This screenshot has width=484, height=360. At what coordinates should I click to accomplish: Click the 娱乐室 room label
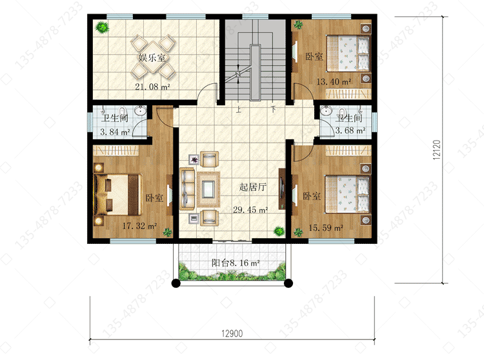(152, 57)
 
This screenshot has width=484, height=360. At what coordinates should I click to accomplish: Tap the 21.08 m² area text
(152, 86)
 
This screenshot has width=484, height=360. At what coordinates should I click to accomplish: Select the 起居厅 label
(253, 187)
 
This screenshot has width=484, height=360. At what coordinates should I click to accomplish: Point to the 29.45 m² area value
(250, 210)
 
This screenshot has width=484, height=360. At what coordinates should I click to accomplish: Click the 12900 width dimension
(232, 334)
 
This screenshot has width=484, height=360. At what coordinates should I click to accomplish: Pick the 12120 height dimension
(436, 150)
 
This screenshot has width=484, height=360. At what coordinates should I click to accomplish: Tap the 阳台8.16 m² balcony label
(236, 263)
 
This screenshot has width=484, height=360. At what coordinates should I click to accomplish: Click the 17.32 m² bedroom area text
(139, 226)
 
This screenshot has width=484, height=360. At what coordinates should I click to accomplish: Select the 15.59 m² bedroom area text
(326, 228)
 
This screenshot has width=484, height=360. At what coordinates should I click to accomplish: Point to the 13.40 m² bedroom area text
(334, 82)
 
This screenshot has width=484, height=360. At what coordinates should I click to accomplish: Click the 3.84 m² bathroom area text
(115, 132)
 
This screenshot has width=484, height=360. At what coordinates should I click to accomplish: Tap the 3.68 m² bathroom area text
(350, 130)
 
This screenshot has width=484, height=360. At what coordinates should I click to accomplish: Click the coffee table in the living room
(208, 189)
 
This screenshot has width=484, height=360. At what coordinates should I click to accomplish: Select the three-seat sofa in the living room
(187, 189)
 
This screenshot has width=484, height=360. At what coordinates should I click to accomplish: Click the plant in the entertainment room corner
(102, 28)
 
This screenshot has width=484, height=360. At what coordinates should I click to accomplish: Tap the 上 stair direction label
(238, 109)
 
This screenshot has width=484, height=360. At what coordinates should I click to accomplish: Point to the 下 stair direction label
(273, 109)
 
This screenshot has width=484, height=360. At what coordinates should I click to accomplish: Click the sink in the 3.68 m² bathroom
(326, 110)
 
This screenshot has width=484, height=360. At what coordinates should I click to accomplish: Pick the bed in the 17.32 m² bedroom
(118, 195)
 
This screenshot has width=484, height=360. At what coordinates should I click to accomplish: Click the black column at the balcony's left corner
(176, 283)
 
